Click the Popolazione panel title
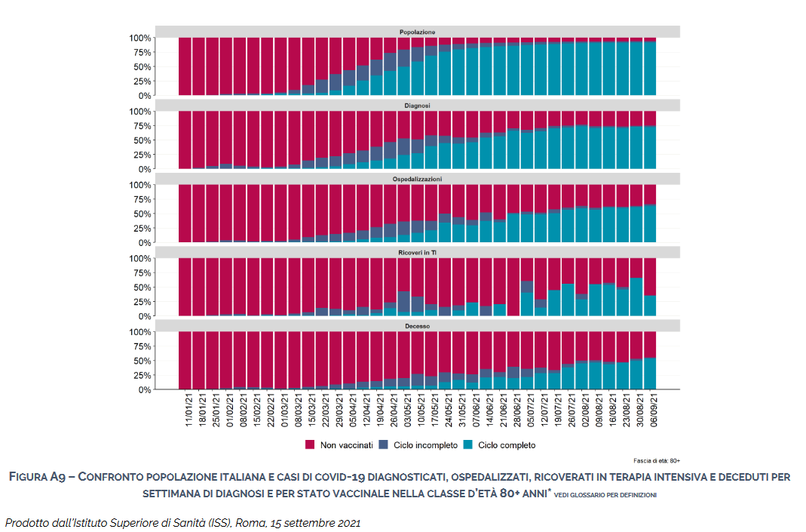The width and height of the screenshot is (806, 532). coord(417,32)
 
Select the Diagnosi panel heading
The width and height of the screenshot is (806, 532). coord(417,105)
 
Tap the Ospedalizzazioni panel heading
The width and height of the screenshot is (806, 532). coord(417,179)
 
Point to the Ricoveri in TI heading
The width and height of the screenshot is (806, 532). coord(417,252)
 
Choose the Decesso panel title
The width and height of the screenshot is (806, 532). coord(417,325)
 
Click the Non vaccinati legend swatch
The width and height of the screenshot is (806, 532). coord(310,445)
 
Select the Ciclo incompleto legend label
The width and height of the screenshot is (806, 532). coord(425,445)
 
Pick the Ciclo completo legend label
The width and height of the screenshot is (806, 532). coord(506,445)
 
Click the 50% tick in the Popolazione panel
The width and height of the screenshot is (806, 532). coord(141,67)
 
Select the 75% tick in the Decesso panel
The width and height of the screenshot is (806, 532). coord(141,346)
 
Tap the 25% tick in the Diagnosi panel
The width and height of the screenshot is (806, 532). coord(141,155)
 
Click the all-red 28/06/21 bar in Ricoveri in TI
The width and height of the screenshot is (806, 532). coord(513,287)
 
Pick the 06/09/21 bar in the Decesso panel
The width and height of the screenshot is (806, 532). coord(650,361)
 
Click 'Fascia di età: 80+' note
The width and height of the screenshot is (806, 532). coord(657,460)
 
